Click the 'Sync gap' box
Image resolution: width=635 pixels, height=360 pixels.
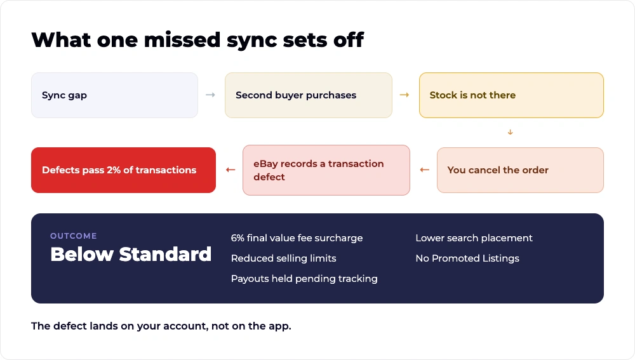(x=114, y=95)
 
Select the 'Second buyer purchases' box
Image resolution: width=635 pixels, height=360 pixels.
(x=309, y=95)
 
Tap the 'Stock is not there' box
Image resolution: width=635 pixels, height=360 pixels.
(x=511, y=95)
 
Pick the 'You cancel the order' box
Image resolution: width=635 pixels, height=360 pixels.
(x=521, y=170)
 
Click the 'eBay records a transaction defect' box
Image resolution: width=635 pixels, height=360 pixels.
(x=326, y=170)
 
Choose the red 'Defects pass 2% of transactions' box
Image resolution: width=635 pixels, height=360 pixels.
(x=124, y=170)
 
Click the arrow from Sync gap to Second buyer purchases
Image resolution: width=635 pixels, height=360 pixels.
(x=211, y=95)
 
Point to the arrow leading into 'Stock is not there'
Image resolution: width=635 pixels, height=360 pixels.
(x=404, y=95)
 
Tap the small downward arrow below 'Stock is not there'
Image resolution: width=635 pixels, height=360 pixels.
(x=511, y=132)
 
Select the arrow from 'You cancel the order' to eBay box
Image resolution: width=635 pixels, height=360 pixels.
(x=424, y=170)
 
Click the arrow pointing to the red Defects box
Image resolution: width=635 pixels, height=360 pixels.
(x=231, y=170)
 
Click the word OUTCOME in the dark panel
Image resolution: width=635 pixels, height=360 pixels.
(x=73, y=236)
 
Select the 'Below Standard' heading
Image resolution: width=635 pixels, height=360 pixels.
(x=131, y=255)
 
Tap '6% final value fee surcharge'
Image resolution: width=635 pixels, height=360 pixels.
(x=297, y=238)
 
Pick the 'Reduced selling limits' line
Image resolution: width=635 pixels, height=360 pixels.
(x=283, y=258)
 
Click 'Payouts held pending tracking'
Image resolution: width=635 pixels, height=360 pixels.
(x=304, y=279)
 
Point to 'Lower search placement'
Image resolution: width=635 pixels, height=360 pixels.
(x=474, y=238)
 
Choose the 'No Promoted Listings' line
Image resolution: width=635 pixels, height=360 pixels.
(x=467, y=258)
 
